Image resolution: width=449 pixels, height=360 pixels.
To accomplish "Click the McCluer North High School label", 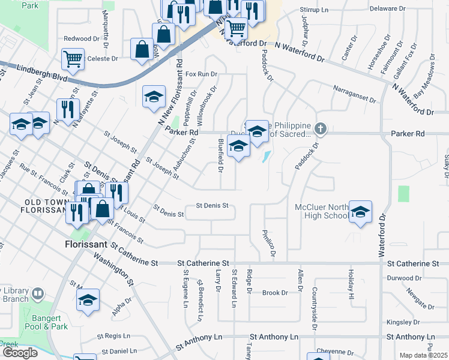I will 321,211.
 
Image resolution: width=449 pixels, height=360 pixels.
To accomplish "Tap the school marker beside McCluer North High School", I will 360,212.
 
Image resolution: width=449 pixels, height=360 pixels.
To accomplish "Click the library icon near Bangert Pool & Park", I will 38,293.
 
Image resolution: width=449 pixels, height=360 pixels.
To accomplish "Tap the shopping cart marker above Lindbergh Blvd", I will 73,59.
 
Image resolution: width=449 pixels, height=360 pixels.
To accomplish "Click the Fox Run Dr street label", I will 200,74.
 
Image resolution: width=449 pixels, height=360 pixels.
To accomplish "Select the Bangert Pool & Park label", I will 42,322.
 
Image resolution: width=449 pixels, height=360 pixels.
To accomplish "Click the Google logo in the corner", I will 19,352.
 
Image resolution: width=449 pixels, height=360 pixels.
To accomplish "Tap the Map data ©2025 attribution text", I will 424,355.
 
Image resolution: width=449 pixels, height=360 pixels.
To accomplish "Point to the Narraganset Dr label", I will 354,95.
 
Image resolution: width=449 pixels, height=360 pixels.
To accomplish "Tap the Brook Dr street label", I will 275,293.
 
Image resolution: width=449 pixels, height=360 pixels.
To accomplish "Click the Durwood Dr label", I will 404,278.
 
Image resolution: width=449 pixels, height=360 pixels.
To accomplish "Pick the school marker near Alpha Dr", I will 88,300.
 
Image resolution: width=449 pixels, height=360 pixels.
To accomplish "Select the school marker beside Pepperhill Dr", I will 154,97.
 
